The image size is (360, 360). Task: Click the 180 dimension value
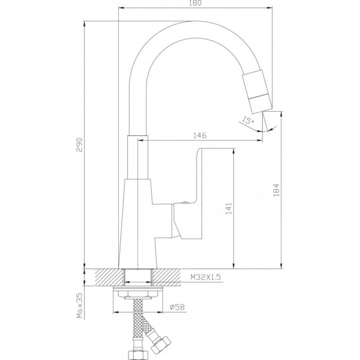point(195,3)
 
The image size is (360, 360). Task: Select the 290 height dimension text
point(79,145)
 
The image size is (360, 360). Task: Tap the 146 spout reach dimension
point(200,135)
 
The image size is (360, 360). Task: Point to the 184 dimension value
point(277,190)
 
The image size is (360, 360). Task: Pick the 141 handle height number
point(229,208)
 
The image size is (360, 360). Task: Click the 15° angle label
point(248,120)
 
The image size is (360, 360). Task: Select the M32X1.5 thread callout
point(206,277)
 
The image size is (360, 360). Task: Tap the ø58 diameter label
point(177,307)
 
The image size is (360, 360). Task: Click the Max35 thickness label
point(79,306)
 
